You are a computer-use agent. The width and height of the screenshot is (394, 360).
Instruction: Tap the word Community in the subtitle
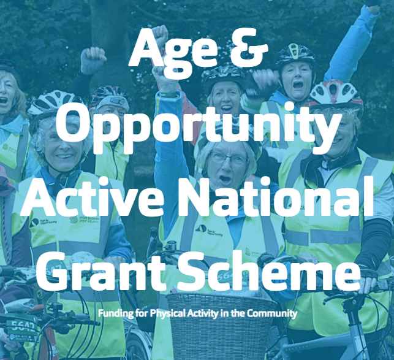pyautogui.click(x=272, y=313)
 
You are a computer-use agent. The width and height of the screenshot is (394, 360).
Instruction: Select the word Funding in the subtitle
pyautogui.click(x=116, y=314)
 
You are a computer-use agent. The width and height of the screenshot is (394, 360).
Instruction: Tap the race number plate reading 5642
pyautogui.click(x=21, y=327)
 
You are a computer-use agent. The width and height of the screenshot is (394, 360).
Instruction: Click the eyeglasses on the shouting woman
pyautogui.click(x=229, y=159)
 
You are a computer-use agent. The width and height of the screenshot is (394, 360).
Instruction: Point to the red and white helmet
pyautogui.click(x=336, y=93)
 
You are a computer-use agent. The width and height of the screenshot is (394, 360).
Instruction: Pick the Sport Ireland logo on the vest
pyautogui.click(x=85, y=219)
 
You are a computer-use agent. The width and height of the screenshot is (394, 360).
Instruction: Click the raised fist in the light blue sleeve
pyautogui.click(x=372, y=6)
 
